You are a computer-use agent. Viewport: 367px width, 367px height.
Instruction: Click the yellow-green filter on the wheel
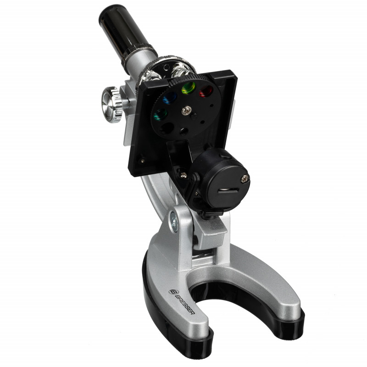pyautogui.click(x=189, y=88)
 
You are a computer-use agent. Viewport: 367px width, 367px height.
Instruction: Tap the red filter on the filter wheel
pyautogui.click(x=206, y=91)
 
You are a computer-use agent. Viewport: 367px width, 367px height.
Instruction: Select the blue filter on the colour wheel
pyautogui.click(x=170, y=97)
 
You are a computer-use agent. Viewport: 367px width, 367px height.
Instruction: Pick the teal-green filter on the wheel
pyautogui.click(x=161, y=114)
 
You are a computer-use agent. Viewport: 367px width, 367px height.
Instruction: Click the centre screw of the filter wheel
pyautogui.click(x=187, y=110)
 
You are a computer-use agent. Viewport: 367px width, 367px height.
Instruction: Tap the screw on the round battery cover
pyautogui.click(x=245, y=179)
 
